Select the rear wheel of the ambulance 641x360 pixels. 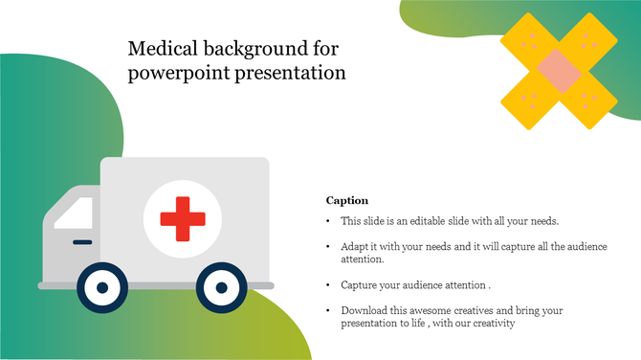220,286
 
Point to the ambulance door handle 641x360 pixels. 82,241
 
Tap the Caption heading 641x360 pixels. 347,200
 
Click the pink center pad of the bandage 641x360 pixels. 557,70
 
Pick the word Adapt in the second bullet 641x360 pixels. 354,247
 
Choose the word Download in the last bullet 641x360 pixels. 364,311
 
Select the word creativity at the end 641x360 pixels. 493,324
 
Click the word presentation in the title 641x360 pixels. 286,73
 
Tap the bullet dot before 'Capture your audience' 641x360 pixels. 329,285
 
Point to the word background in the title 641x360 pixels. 254,47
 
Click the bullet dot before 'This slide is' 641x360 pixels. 329,221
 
